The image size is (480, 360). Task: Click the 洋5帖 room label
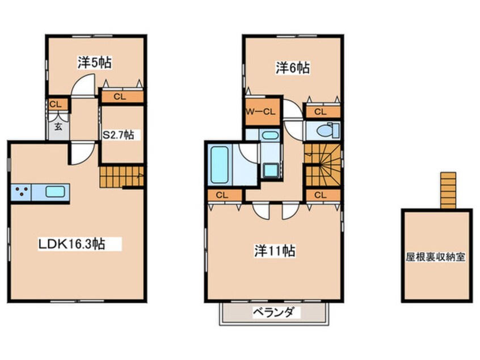95,63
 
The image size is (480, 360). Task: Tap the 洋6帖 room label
293,68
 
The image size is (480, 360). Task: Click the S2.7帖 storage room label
119,135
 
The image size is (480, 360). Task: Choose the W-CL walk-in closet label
260,112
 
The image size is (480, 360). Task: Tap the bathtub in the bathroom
219,165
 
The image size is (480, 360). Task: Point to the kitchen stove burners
22,191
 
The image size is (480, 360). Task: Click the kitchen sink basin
56,191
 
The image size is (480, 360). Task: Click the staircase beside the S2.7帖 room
121,177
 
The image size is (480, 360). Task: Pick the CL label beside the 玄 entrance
55,104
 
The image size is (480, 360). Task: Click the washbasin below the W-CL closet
270,136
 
